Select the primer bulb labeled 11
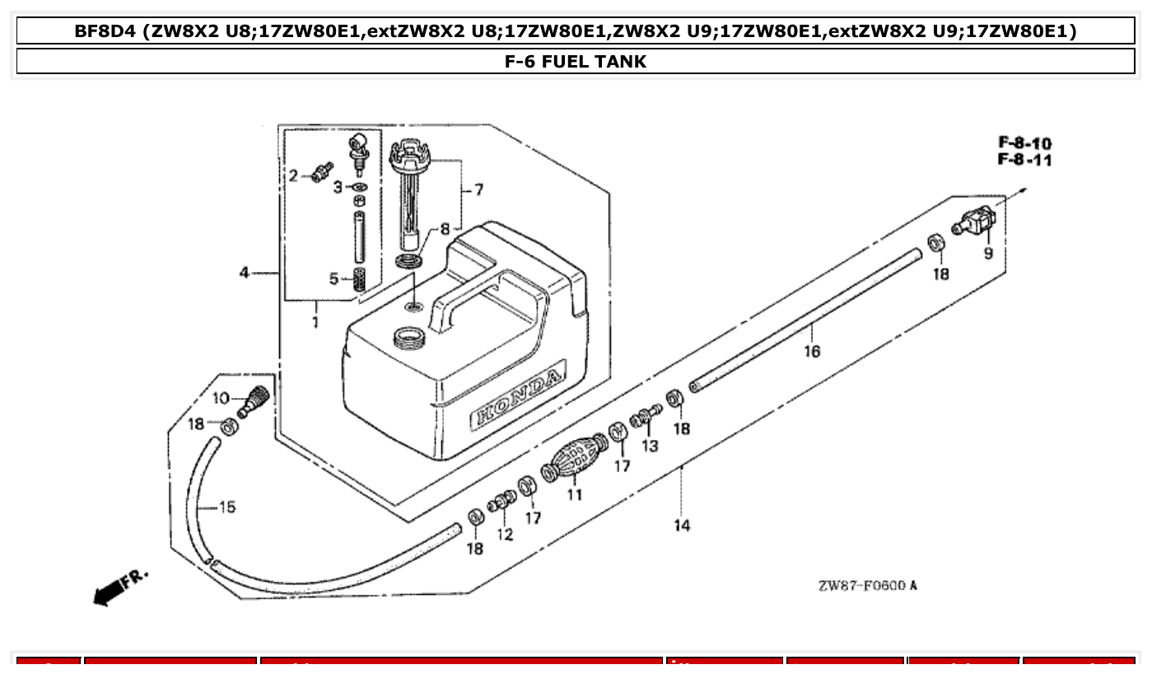coord(574,460)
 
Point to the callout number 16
coord(812,352)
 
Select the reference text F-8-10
coord(1024,143)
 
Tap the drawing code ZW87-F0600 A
coord(867,586)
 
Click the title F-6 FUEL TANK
coord(576,61)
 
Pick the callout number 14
coord(682,525)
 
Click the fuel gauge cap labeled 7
coord(410,153)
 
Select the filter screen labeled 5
coord(358,279)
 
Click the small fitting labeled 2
coord(319,172)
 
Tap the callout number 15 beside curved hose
coord(227,507)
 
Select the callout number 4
coord(245,272)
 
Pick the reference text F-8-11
coord(1024,160)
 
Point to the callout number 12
coord(505,535)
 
